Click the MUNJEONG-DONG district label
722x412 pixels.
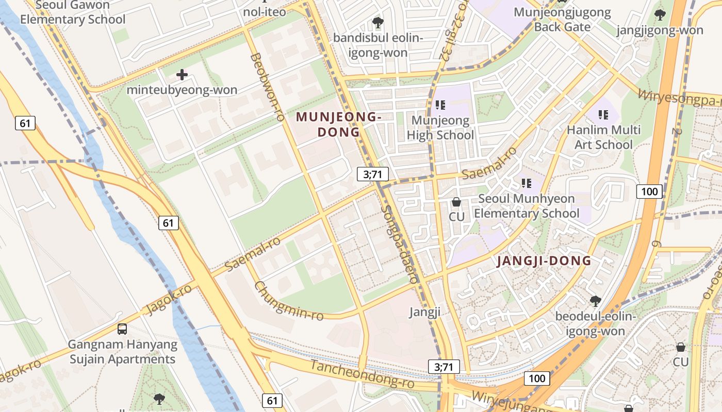click(x=338, y=125)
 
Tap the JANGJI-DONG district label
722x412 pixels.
click(x=544, y=261)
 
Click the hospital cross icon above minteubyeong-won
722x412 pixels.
click(x=182, y=75)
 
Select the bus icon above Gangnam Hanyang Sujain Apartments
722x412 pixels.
click(x=122, y=329)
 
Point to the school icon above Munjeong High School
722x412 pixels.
click(x=440, y=106)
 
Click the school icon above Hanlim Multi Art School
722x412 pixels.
click(x=603, y=114)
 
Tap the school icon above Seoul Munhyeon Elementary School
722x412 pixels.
click(x=526, y=183)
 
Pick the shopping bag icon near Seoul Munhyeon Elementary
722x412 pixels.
click(x=456, y=202)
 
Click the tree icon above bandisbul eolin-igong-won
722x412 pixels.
click(x=378, y=23)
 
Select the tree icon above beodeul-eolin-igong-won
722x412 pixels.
click(x=595, y=300)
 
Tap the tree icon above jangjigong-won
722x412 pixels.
click(x=660, y=15)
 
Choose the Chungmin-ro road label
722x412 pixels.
click(x=289, y=301)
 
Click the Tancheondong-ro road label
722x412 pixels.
click(x=362, y=374)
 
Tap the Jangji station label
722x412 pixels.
click(x=425, y=312)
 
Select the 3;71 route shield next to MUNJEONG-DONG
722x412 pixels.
click(x=372, y=174)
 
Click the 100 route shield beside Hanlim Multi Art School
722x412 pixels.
click(x=649, y=192)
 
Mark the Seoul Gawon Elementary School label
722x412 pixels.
click(x=73, y=13)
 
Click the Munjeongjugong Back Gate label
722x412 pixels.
click(x=562, y=19)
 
